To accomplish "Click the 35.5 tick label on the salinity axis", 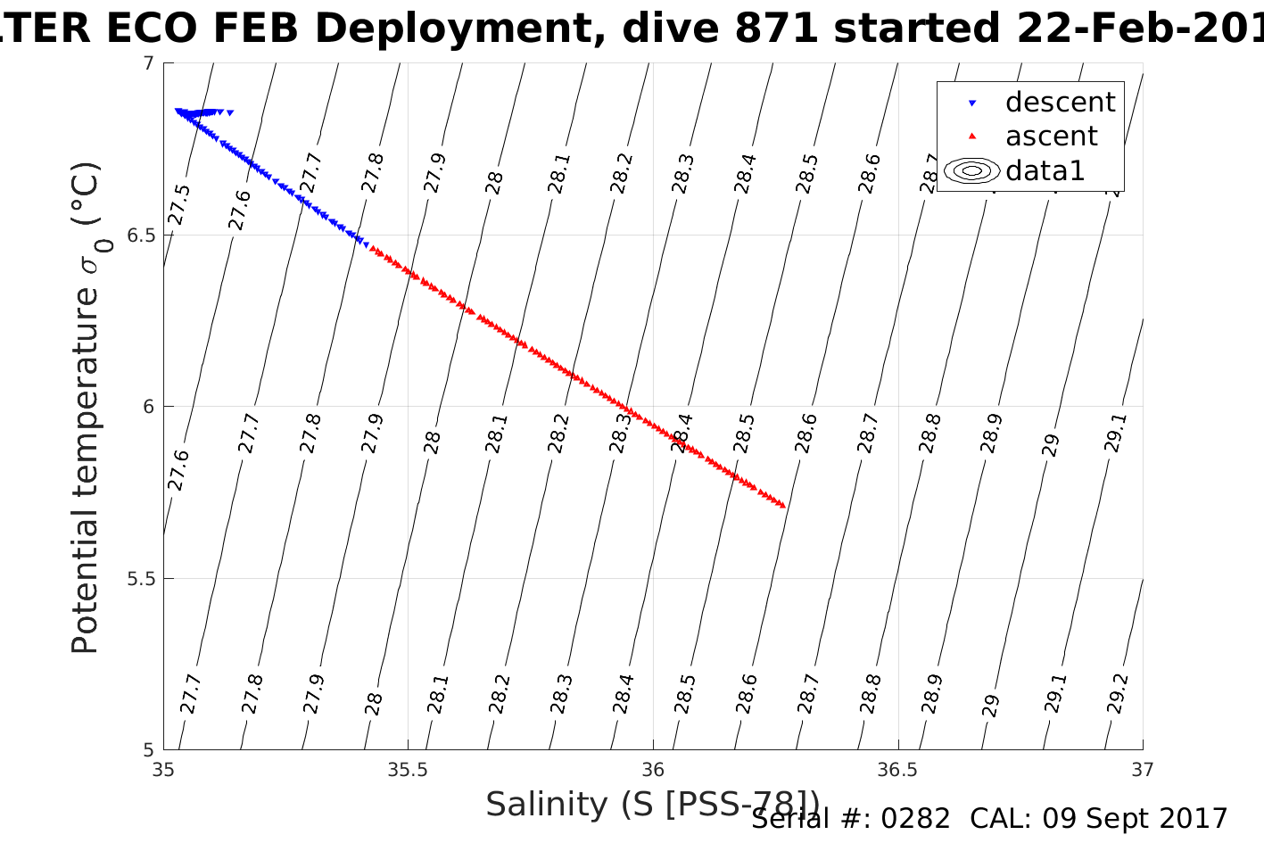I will click(x=408, y=769).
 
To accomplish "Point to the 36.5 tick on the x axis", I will click(x=897, y=769).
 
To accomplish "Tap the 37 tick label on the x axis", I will click(x=1143, y=769).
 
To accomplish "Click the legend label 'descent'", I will click(x=1060, y=103).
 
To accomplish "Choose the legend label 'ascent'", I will click(x=1051, y=136).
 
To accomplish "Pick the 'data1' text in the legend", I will click(x=1045, y=170).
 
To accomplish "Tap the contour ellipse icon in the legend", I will click(x=971, y=170).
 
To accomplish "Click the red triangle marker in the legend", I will click(x=972, y=136).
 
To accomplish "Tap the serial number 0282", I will click(x=916, y=819).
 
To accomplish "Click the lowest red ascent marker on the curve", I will click(x=781, y=505).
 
